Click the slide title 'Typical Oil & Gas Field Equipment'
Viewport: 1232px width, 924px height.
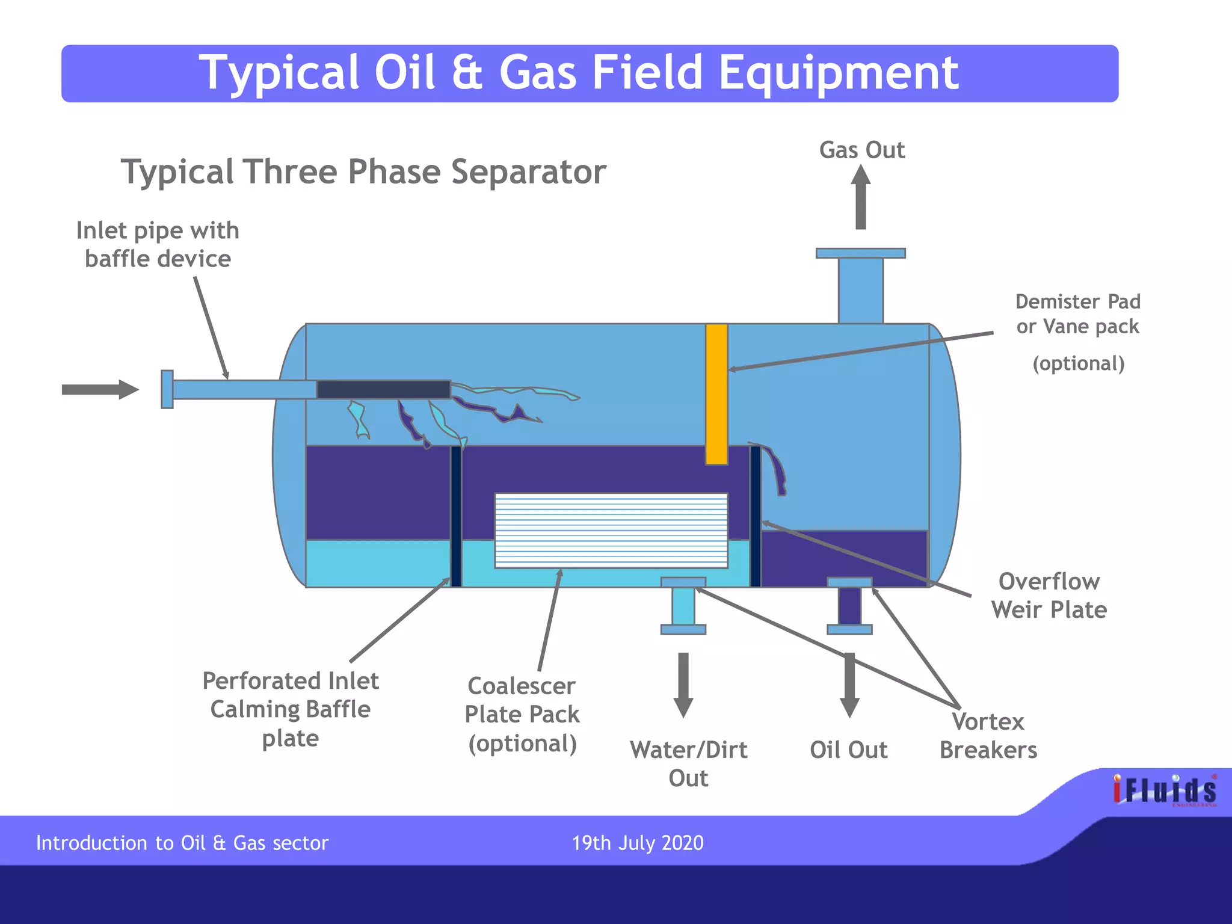coord(579,73)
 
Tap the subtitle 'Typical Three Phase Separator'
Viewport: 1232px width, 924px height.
coord(363,172)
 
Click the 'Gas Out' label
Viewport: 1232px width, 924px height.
coord(861,150)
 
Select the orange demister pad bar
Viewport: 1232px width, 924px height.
coord(716,394)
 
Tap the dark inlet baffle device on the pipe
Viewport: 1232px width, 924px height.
coord(383,389)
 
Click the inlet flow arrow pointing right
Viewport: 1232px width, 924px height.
coord(100,389)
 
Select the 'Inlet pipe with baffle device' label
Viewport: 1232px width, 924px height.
coord(158,244)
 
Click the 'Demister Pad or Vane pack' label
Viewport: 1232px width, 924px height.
coord(1077,314)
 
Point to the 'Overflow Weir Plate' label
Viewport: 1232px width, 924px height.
coord(1049,596)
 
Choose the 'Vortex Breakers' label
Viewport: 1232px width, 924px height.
coord(988,736)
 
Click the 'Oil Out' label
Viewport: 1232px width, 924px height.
coord(848,750)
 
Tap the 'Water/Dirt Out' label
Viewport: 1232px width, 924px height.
coord(688,764)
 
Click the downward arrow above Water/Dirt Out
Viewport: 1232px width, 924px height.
coord(683,685)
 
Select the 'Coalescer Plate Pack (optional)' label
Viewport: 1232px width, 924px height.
coord(522,715)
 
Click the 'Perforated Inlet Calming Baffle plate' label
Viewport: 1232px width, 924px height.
coord(291,709)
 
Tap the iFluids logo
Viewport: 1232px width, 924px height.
coord(1164,790)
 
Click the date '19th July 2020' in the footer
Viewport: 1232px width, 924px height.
coord(637,843)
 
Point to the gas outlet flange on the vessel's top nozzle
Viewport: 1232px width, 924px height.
coord(860,253)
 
